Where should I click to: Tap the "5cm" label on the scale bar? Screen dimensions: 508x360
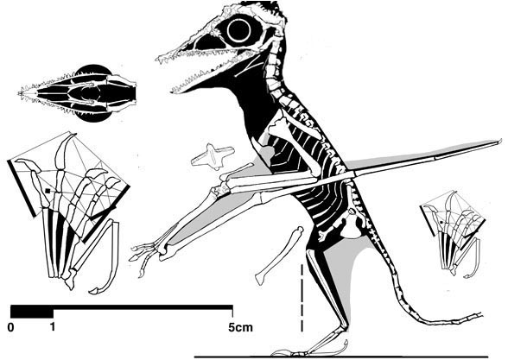point(240,327)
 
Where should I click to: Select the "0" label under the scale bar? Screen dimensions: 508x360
point(10,328)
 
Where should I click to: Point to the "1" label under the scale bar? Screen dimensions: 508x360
point(53,327)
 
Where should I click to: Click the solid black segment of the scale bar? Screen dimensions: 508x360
point(32,312)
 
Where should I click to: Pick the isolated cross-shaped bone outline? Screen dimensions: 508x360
point(213,156)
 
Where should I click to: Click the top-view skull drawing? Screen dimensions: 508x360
point(78,93)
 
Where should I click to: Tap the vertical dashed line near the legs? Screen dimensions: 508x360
point(302,297)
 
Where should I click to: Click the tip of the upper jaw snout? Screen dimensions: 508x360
point(158,59)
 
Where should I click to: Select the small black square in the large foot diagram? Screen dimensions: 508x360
point(48,191)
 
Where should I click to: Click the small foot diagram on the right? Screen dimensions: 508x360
point(453,233)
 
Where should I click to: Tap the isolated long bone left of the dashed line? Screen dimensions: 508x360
point(280,256)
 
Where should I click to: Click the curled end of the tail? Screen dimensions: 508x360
point(482,314)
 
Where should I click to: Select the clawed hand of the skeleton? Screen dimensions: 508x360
point(146,256)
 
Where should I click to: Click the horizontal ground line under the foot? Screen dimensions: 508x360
point(340,357)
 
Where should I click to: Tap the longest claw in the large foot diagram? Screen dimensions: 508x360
point(64,152)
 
